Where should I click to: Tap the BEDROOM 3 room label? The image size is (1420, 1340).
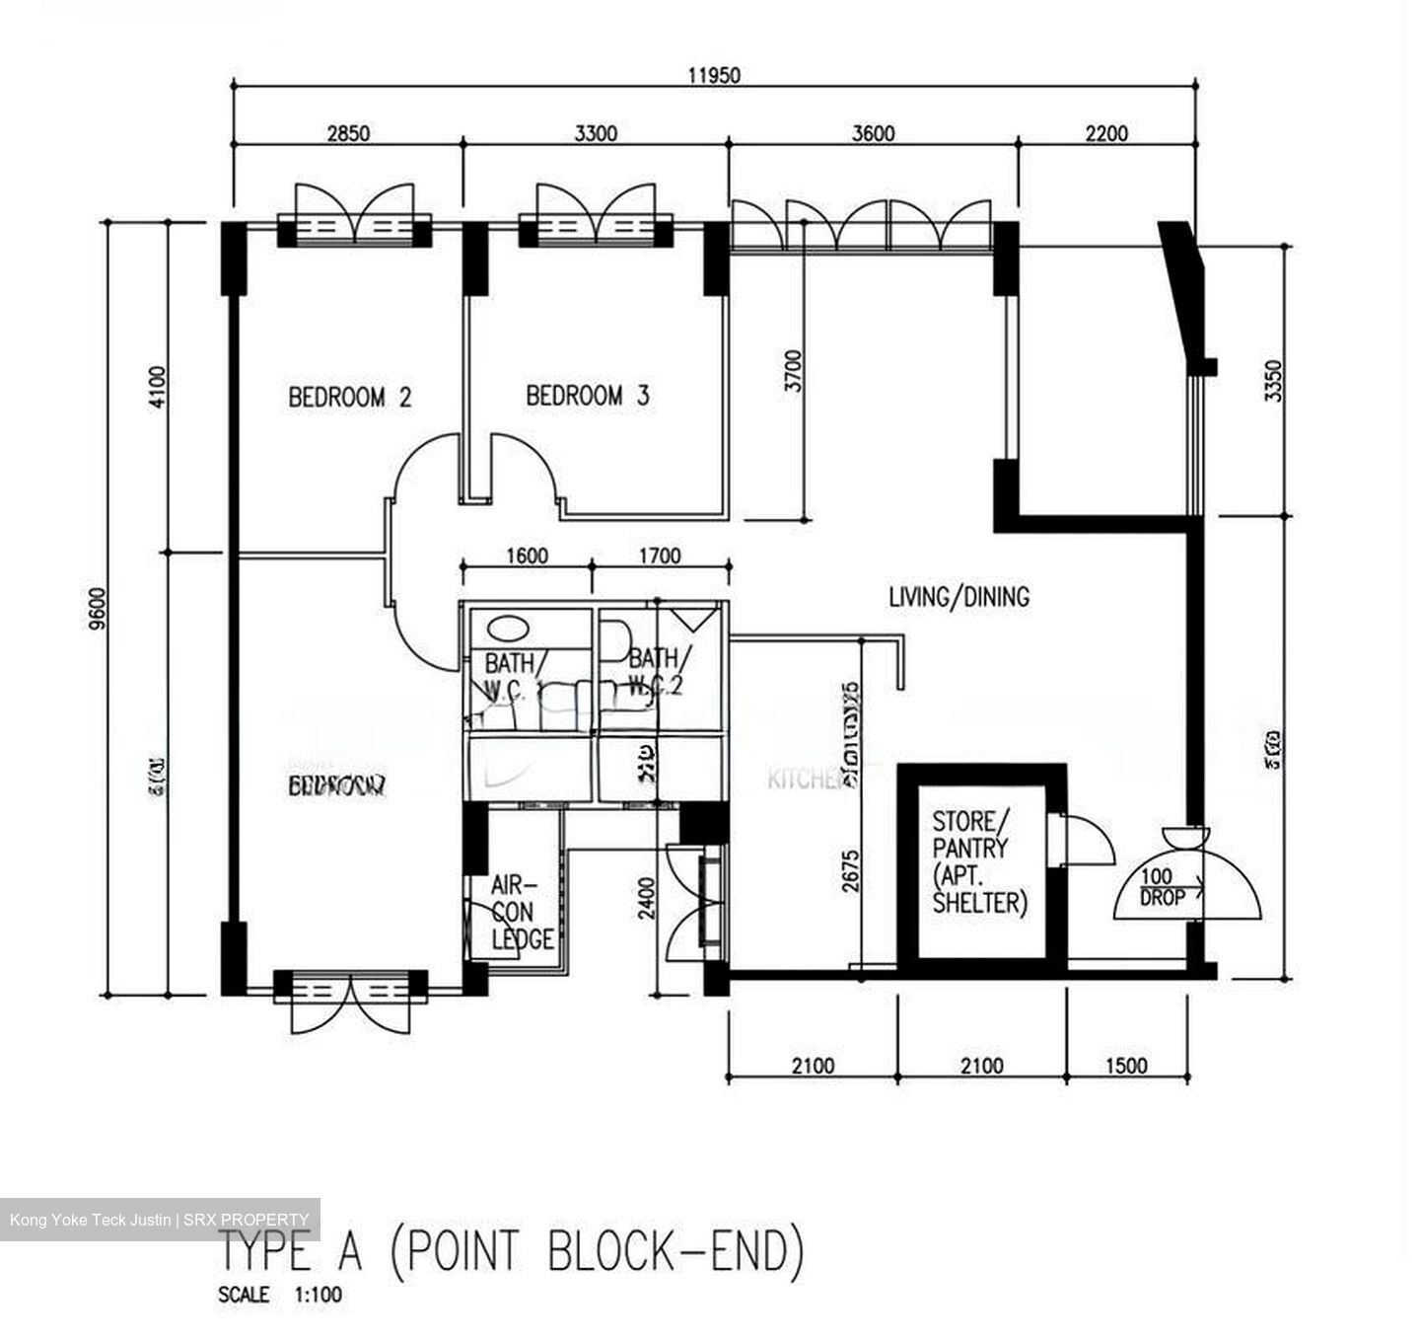click(588, 397)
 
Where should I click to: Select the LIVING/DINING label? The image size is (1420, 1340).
click(958, 596)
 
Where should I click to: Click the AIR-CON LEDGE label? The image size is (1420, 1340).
click(521, 914)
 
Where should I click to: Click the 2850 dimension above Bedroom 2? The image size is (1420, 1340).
click(348, 132)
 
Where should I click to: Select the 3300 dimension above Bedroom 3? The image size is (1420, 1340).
click(596, 132)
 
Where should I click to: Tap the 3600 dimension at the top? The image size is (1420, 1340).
click(873, 132)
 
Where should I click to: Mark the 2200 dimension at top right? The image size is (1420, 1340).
click(1106, 132)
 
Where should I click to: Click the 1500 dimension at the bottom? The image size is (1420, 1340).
click(1126, 1065)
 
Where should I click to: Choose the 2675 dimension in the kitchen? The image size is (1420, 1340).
click(850, 870)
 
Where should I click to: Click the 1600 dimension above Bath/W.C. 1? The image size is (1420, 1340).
click(527, 556)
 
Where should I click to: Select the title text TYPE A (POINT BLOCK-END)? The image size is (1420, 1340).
click(511, 1252)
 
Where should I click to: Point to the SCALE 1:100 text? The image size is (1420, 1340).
click(280, 1295)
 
